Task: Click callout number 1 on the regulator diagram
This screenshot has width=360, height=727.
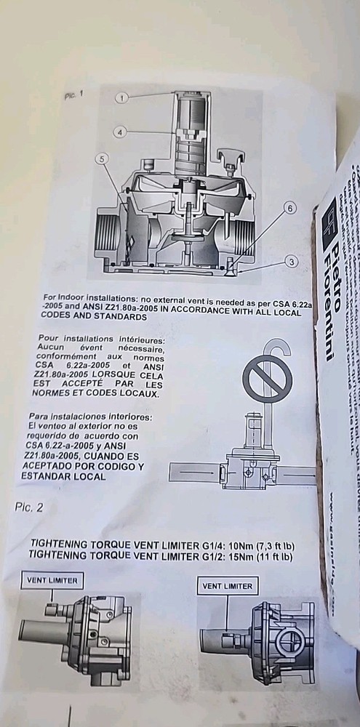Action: (124, 97)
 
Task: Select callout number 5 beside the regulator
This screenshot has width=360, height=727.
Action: (103, 158)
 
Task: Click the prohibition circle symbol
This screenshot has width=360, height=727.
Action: (268, 377)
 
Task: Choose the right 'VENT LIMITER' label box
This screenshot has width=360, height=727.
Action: (227, 585)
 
